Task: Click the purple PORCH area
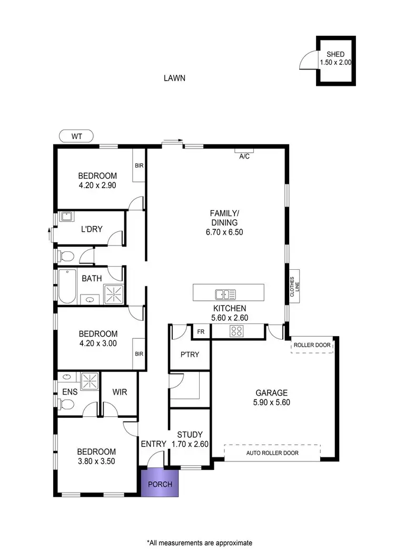click(160, 484)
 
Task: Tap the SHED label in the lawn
click(335, 54)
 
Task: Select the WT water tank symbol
click(76, 136)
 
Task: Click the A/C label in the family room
click(244, 156)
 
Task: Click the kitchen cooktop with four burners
click(236, 331)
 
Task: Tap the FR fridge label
click(201, 332)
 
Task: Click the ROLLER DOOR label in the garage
click(312, 346)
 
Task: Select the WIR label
click(120, 393)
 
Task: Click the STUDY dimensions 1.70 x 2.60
click(190, 444)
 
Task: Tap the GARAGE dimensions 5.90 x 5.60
click(271, 402)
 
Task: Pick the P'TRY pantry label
click(190, 355)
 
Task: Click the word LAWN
click(174, 78)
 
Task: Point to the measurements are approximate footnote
click(199, 542)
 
